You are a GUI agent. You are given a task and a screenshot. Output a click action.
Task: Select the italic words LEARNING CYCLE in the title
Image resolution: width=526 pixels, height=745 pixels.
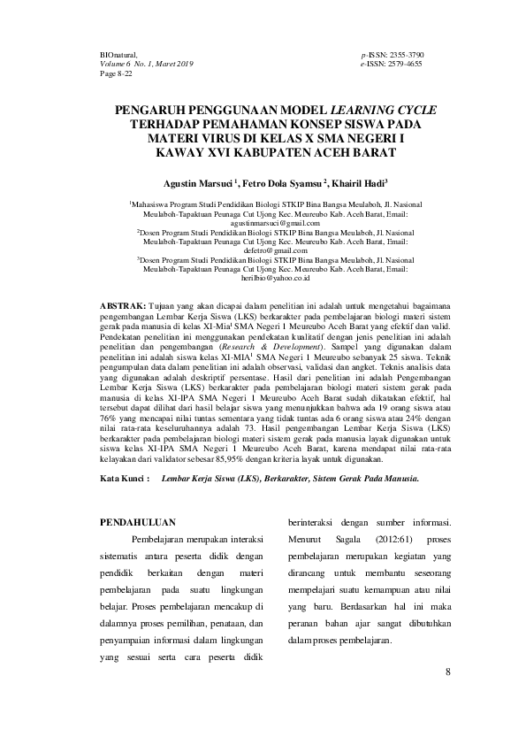coord(377,111)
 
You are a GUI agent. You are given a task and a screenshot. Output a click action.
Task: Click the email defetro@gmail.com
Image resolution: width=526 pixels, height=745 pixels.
coord(263,250)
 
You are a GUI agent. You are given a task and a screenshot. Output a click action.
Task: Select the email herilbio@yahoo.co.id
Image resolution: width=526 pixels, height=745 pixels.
coord(263,278)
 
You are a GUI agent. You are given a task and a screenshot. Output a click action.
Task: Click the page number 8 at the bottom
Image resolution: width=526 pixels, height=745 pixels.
coord(448,671)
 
